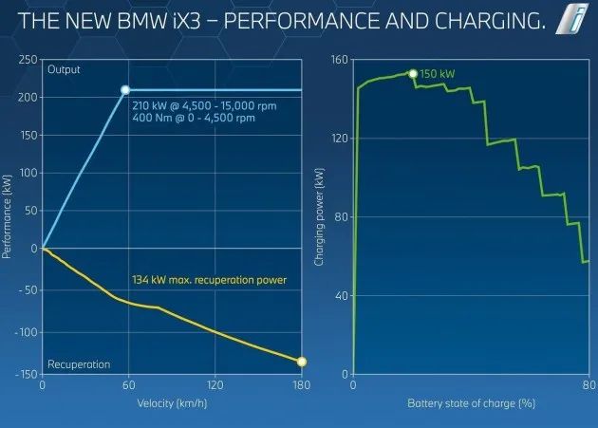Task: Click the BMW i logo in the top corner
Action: coord(572,19)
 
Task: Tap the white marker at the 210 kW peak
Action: coord(125,90)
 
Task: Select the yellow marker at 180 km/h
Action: coord(302,361)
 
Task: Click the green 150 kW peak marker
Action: coord(413,73)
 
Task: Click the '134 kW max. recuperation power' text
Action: coord(208,280)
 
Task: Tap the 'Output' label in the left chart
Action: coord(65,69)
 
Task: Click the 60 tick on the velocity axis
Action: coord(129,386)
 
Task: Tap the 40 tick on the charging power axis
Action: coord(341,295)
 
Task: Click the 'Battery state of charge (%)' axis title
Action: coord(472,403)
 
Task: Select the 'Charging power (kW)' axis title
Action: coord(320,215)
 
